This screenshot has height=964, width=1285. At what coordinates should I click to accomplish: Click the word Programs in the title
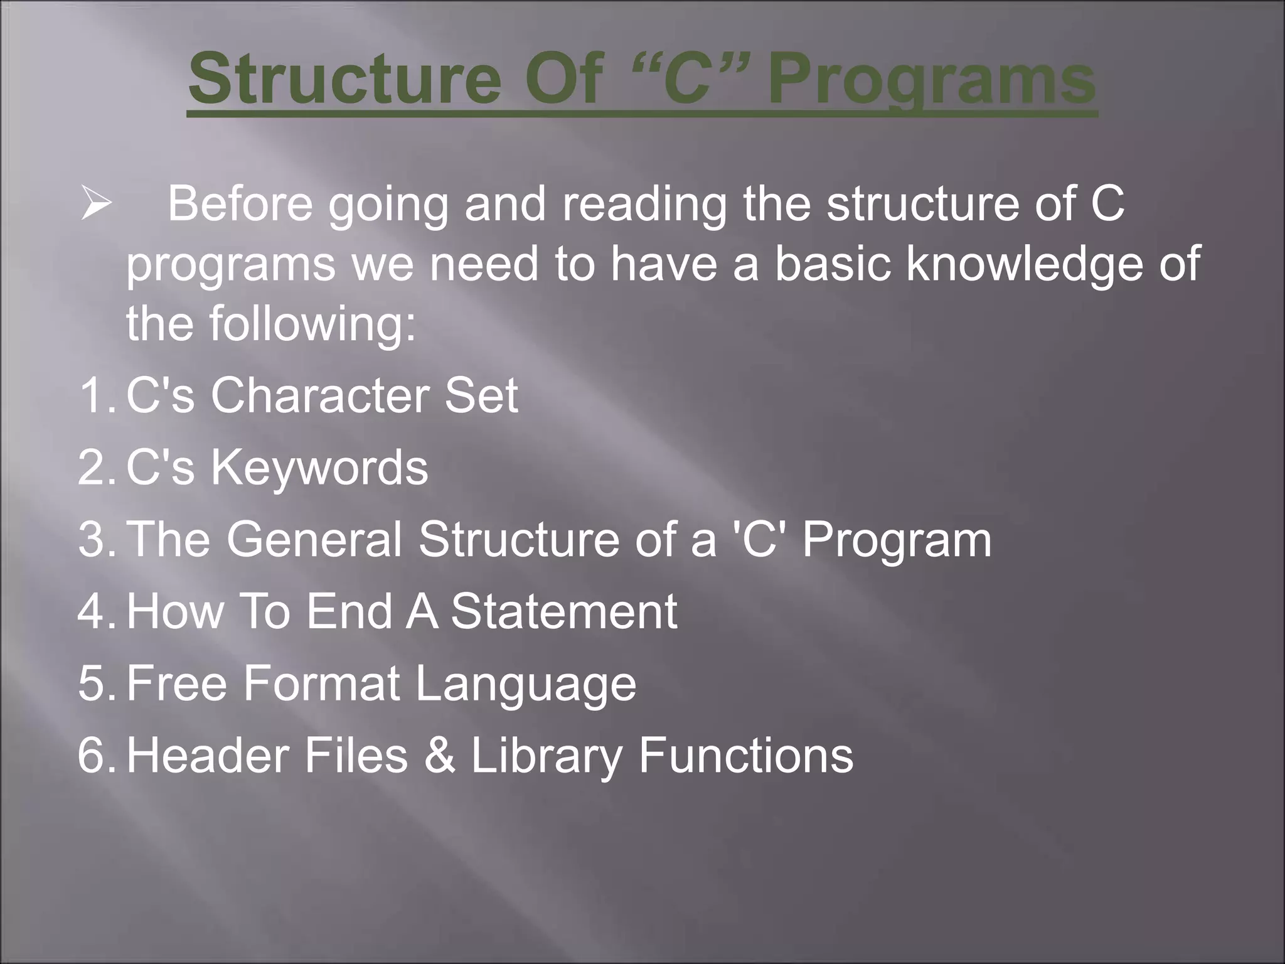[x=932, y=80]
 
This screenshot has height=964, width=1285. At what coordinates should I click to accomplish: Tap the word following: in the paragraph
[x=312, y=323]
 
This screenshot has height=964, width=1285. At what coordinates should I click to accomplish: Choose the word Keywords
[x=319, y=468]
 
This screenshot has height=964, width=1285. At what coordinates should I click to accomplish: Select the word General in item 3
[x=314, y=539]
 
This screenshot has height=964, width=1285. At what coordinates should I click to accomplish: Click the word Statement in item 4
[x=563, y=611]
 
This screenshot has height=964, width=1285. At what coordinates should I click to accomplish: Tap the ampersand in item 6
[x=439, y=755]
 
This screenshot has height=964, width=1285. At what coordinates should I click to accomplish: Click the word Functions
[x=745, y=755]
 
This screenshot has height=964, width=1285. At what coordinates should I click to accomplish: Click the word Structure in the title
[x=344, y=80]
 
